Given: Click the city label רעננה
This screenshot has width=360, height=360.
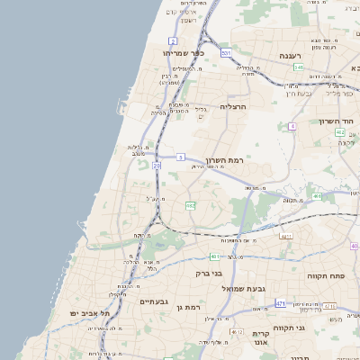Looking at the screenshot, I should tap(289, 56).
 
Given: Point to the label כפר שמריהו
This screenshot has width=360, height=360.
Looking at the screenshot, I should tap(184, 53).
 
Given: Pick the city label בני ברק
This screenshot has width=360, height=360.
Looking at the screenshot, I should tap(210, 272).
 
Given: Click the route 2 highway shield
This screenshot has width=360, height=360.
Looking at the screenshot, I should tap(173, 41).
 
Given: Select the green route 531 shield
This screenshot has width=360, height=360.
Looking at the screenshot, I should tap(226, 55).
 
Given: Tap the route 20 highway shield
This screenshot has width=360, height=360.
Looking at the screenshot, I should tap(157, 166).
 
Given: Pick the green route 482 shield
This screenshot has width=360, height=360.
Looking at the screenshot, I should tap(191, 206).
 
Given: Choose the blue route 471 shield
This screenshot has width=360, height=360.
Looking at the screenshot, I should tap(282, 303).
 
